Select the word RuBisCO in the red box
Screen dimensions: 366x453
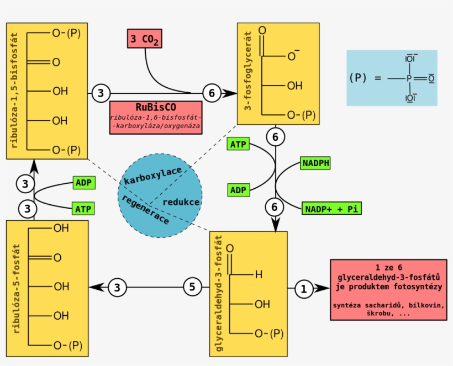pyautogui.click(x=155, y=107)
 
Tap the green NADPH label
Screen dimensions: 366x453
pyautogui.click(x=315, y=163)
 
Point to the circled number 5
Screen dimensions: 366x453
pyautogui.click(x=192, y=287)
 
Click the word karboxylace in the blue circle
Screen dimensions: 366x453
pyautogui.click(x=152, y=176)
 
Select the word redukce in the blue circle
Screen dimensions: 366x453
pyautogui.click(x=181, y=202)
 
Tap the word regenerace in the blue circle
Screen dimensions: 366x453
pyautogui.click(x=145, y=209)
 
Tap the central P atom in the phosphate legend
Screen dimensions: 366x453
pyautogui.click(x=409, y=78)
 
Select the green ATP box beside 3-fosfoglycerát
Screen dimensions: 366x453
pyautogui.click(x=238, y=145)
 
